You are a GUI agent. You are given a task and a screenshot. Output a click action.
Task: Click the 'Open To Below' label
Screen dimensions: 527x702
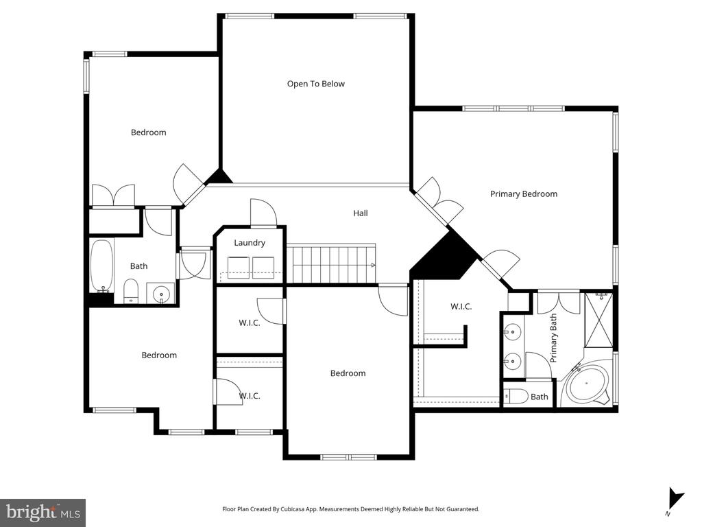[x=315, y=84]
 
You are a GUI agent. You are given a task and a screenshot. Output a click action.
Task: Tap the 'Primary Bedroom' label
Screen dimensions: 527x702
[x=523, y=194]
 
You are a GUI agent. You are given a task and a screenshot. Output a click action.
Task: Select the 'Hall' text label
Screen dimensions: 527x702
[x=360, y=213]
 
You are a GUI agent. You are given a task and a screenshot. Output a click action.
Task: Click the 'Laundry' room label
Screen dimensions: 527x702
[x=249, y=243]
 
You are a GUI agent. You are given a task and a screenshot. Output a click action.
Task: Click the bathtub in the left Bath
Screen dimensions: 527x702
[x=101, y=266]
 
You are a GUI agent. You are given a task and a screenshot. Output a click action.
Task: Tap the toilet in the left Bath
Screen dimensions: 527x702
[x=131, y=291]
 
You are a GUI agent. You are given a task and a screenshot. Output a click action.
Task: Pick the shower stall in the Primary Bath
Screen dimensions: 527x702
[x=598, y=319]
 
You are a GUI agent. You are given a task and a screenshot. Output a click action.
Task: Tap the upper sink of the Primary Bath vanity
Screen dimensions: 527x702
[x=512, y=333]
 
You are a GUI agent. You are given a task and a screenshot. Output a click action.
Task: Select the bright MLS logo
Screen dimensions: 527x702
[x=43, y=512]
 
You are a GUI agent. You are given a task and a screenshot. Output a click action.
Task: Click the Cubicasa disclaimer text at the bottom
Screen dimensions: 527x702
[x=350, y=509]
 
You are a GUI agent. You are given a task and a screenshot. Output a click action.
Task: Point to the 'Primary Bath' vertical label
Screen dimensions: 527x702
[x=554, y=338]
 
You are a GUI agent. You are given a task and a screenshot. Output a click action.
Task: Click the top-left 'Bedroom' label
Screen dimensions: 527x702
[x=148, y=132]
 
